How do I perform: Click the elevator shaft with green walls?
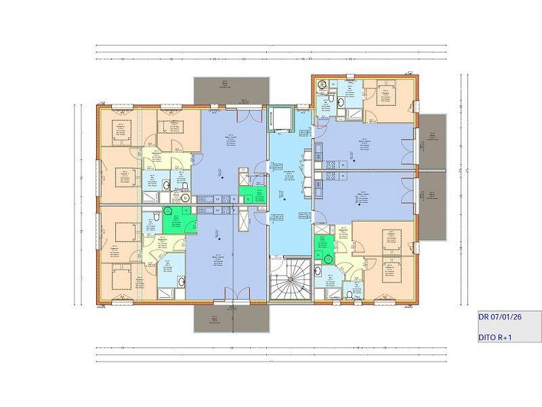click(280, 119)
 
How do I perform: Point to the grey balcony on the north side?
click(232, 90)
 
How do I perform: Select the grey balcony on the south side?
click(232, 317)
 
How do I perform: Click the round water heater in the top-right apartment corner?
click(322, 84)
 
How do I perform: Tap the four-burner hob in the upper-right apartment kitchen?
click(332, 163)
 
